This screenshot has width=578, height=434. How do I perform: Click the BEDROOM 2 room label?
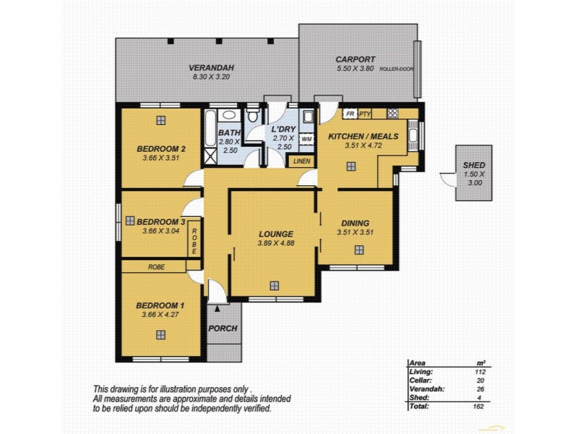pos(161,149)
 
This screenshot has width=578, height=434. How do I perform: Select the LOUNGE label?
pos(275,234)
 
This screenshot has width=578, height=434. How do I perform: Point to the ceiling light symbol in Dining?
pos(358,250)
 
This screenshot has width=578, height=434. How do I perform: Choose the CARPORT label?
pos(355,59)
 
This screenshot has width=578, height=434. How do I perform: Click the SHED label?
pos(475,164)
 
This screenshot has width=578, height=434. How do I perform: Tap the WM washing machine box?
pos(306,138)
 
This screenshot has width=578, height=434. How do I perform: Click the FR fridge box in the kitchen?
pos(350,114)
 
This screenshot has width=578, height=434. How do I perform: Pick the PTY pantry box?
pos(366,114)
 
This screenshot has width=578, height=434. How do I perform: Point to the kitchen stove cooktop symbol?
pos(392,114)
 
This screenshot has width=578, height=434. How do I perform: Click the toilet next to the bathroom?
pos(253,116)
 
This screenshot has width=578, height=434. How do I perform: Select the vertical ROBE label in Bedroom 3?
pos(194,241)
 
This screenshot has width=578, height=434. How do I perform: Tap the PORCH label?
pos(223,328)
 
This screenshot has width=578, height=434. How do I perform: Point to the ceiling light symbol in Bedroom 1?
pos(160,334)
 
